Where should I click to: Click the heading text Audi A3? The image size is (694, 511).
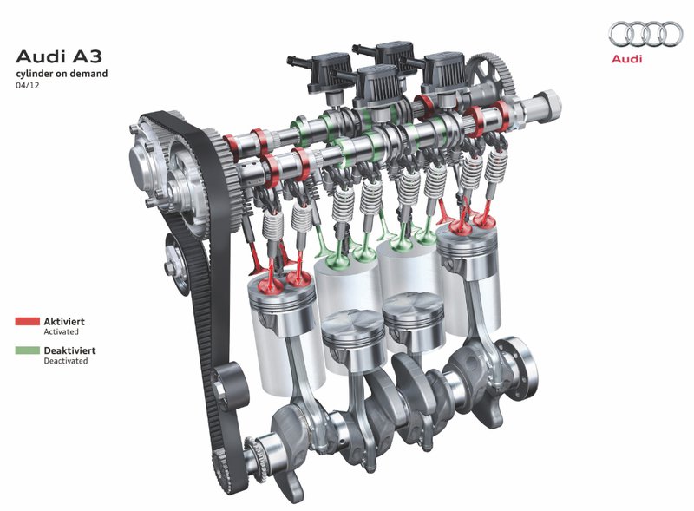pos(59,56)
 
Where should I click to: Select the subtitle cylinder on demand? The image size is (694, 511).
pos(62,74)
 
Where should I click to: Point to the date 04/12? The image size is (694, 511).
pos(28,85)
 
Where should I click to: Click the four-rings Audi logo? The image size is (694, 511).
pos(645,34)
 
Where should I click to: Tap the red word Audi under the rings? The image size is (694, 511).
pos(626,59)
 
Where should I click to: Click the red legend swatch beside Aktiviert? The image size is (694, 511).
pos(28,322)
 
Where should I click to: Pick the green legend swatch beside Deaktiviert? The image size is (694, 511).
pos(28,350)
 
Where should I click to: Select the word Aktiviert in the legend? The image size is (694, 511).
pos(64,322)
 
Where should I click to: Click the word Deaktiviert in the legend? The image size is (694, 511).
pos(69,350)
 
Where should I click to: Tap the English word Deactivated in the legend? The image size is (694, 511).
pos(66,361)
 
